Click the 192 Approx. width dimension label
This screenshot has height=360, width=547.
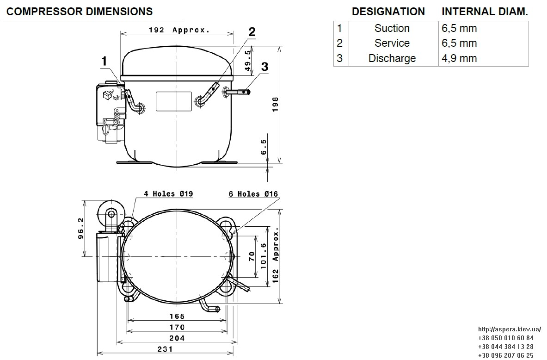(x=179, y=30)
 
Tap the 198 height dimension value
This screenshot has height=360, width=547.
(x=275, y=105)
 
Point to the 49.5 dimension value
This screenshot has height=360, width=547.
(x=248, y=61)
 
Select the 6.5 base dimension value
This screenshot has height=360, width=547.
(x=264, y=147)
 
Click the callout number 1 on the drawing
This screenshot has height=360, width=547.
(x=104, y=62)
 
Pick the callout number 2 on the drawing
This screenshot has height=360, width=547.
(x=252, y=32)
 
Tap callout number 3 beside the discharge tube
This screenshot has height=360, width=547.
(x=265, y=66)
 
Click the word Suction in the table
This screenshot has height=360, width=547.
(x=392, y=28)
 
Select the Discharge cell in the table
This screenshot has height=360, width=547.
(x=392, y=58)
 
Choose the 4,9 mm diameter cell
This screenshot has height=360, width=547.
(x=459, y=58)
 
